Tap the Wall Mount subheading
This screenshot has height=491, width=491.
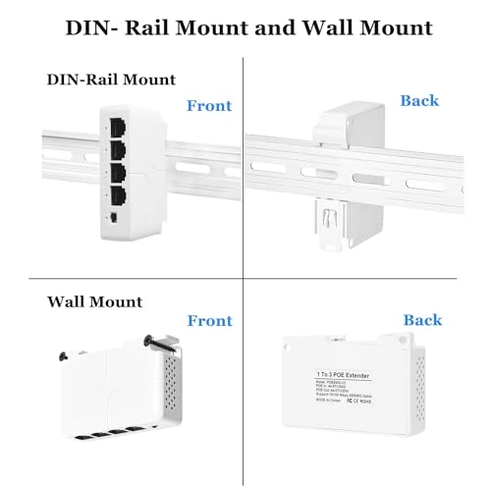(94, 301)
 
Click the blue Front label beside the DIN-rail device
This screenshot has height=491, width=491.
(209, 104)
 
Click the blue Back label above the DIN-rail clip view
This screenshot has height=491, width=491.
(419, 100)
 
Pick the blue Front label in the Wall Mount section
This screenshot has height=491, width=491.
(209, 320)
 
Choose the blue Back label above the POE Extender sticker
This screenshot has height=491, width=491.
(423, 320)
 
